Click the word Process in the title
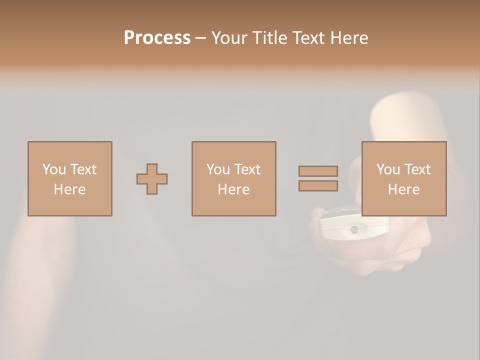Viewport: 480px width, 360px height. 157,38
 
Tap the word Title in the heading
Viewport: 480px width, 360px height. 269,38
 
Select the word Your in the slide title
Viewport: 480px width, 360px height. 230,38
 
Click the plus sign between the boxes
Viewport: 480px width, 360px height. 152,179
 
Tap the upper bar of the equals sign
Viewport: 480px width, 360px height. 318,171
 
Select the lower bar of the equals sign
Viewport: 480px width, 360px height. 318,186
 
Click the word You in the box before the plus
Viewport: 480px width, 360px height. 54,169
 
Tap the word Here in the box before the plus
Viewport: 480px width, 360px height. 69,189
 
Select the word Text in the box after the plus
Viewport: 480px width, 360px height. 247,169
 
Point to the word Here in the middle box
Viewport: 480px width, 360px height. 233,189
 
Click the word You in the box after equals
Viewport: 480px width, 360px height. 388,169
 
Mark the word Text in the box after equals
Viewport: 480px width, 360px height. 417,169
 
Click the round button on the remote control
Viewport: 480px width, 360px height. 354,229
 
